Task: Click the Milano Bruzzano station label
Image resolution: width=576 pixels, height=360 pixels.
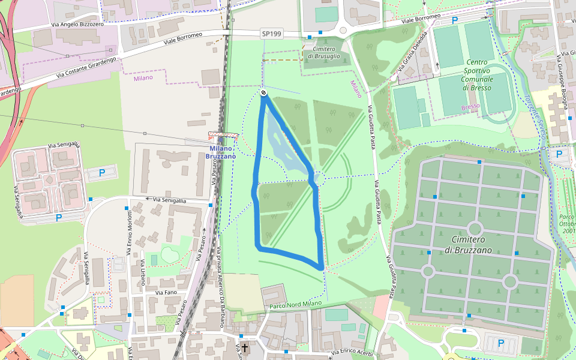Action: coord(221,152)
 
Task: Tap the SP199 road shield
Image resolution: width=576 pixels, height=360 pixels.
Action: coord(271,34)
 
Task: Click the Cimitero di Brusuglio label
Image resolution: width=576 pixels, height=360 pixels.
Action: coord(323,52)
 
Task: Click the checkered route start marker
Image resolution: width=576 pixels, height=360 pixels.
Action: coord(263,92)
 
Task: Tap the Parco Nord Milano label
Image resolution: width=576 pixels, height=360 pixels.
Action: coord(296,304)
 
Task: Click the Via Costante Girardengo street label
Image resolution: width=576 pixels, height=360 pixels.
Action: coord(85,68)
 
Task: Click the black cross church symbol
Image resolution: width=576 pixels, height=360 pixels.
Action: coord(245,347)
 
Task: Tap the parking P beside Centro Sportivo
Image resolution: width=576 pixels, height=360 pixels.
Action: coord(455,20)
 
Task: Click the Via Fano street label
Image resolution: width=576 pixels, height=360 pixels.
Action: coord(166,292)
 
